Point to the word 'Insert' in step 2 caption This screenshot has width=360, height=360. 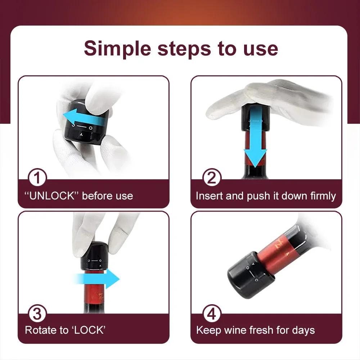click(x=209, y=196)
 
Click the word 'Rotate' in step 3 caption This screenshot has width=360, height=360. click(x=40, y=330)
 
